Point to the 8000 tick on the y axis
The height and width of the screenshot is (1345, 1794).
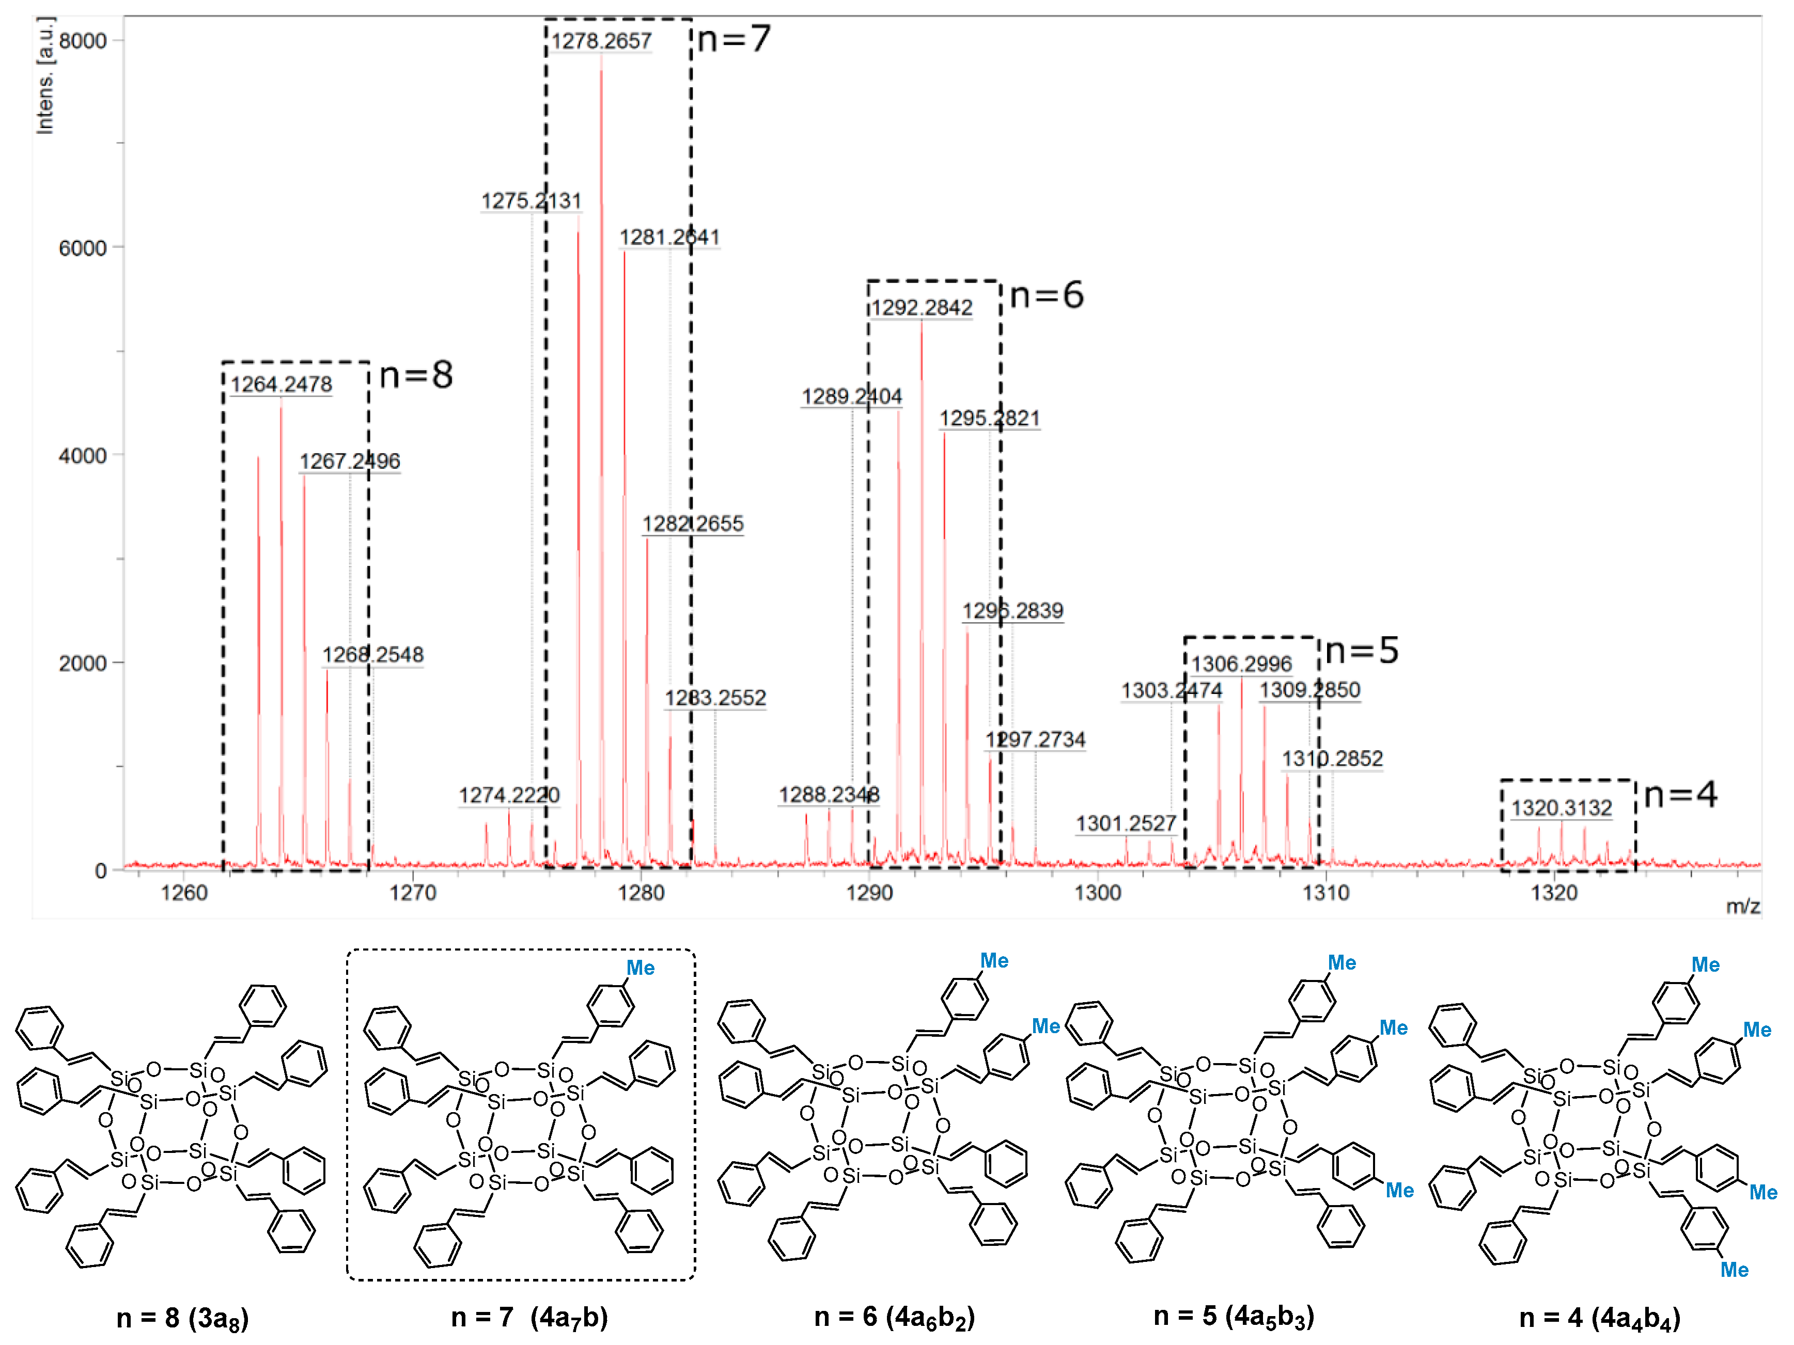[x=83, y=41]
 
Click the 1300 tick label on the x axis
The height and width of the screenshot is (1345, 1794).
[x=1097, y=893]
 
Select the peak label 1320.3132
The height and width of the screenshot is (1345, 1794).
[x=1561, y=809]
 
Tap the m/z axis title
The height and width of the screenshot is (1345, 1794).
[x=1743, y=906]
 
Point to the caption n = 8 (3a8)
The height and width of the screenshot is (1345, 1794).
[x=182, y=1318]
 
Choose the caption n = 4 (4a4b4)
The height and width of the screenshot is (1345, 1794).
[x=1599, y=1318]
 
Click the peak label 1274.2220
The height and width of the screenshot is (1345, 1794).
[x=508, y=795]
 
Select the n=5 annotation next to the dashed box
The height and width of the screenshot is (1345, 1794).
[x=1362, y=650]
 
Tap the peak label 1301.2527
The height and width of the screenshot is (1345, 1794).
[x=1126, y=824]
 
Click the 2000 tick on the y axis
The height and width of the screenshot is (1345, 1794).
[x=83, y=663]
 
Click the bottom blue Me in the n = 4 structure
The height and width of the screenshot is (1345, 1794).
[x=1734, y=1270]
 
